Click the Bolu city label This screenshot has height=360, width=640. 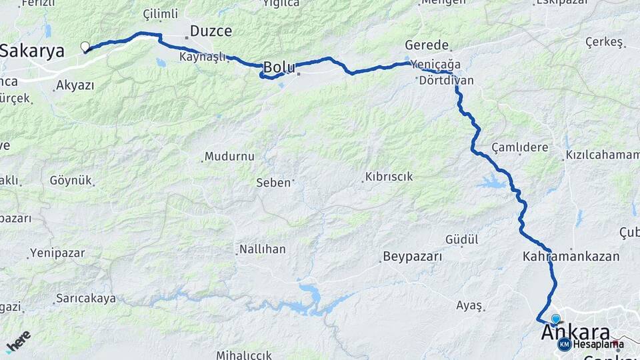[279, 67]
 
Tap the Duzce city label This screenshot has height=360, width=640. [211, 31]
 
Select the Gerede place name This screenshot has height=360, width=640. [427, 45]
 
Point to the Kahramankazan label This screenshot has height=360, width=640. [571, 256]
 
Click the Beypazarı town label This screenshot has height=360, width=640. [413, 257]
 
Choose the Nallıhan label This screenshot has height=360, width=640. [261, 249]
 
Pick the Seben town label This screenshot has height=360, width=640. [273, 182]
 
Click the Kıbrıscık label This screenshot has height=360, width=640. [388, 177]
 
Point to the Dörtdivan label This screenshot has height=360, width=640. [447, 81]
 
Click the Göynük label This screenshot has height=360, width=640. [71, 181]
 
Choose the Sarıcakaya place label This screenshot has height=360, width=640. [85, 298]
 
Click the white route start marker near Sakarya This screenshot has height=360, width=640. [85, 47]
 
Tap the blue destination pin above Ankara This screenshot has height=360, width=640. [555, 319]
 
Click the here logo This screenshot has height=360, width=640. [18, 341]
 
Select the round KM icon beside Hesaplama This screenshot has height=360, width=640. [564, 344]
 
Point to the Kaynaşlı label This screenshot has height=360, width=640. [203, 57]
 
